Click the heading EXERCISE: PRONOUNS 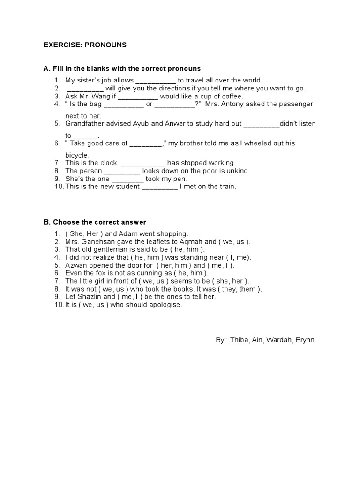(85, 45)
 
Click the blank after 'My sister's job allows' (156, 81)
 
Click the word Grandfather (85, 124)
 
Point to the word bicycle (77, 155)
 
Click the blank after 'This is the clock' (143, 163)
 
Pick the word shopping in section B (173, 233)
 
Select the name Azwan (76, 265)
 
